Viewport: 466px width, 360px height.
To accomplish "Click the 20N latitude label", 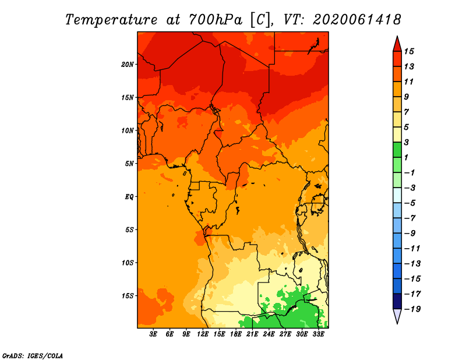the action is click(x=128, y=65).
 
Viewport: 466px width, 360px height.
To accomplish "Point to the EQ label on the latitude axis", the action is click(x=129, y=197).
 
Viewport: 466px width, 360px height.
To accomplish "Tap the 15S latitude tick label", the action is click(x=128, y=296).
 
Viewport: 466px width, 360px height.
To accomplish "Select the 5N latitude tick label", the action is click(x=129, y=164).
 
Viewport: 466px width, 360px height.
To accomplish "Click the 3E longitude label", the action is click(x=153, y=334).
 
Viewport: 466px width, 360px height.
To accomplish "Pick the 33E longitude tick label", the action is click(x=318, y=334).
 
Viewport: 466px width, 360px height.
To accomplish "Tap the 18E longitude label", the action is click(x=236, y=334).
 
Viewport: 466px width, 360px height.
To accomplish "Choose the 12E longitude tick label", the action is click(x=203, y=334).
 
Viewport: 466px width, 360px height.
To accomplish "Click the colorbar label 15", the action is click(x=409, y=51).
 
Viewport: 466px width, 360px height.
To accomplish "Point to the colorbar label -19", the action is click(x=412, y=309).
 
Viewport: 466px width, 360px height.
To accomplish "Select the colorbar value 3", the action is click(x=407, y=142).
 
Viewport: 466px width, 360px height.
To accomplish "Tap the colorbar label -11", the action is click(x=412, y=249).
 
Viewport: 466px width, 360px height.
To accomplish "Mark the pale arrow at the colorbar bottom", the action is click(x=397, y=316).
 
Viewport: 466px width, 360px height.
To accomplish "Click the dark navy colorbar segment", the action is click(x=397, y=301).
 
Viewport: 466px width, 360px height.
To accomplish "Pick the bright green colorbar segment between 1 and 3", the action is click(x=397, y=150).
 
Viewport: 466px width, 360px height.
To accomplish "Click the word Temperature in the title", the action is click(x=111, y=20).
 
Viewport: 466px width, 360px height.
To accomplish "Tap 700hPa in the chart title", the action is click(x=215, y=20).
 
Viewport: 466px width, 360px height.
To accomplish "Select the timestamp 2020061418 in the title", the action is click(x=357, y=20).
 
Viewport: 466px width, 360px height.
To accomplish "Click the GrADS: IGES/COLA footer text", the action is click(x=33, y=355).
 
